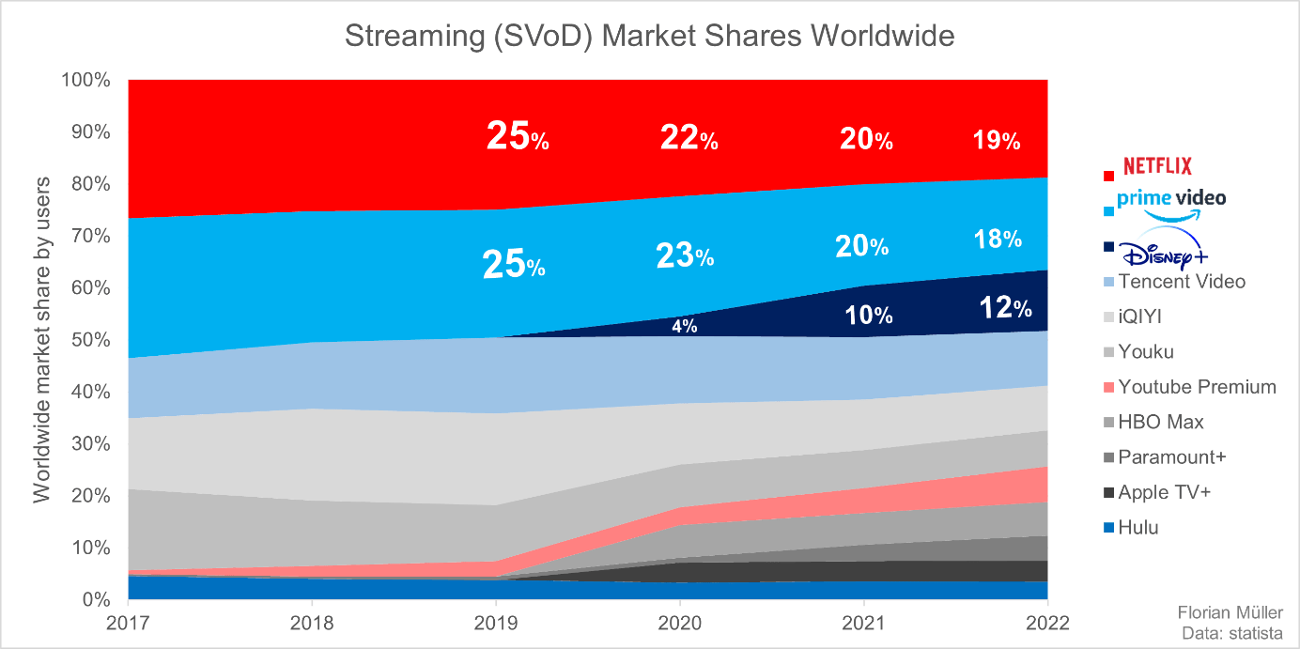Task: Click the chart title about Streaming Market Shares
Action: (649, 37)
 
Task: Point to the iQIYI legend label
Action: (1146, 317)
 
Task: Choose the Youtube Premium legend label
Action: (1197, 387)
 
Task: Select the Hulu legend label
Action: (1138, 528)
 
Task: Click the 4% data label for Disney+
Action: (683, 326)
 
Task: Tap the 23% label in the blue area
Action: (685, 255)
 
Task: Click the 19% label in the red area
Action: (996, 141)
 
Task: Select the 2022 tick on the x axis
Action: (1046, 624)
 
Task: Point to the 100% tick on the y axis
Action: (85, 80)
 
